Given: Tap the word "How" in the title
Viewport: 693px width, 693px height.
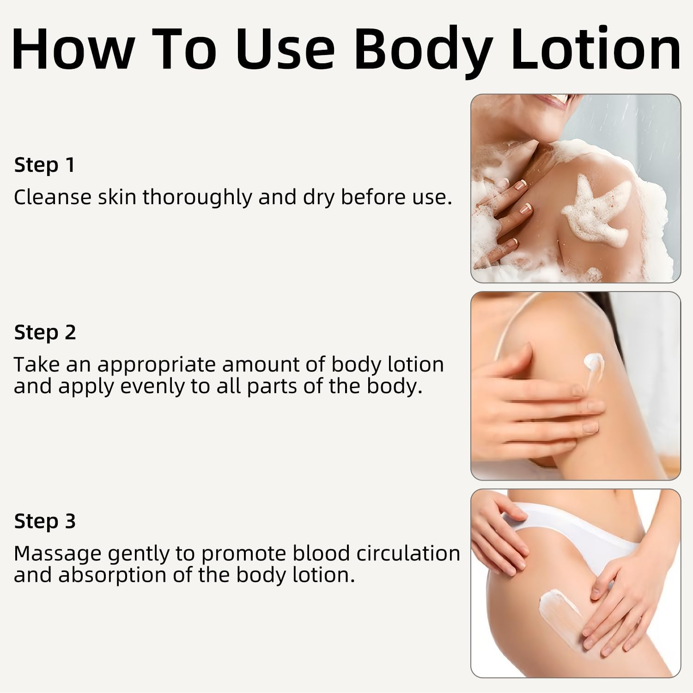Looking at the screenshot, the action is [73, 48].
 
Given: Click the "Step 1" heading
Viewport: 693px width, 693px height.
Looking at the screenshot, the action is [44, 165].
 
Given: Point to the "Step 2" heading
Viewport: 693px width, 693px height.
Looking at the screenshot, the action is [45, 332].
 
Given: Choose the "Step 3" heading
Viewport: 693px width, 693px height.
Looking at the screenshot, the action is [45, 521].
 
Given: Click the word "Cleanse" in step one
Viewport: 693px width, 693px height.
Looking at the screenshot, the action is [53, 197].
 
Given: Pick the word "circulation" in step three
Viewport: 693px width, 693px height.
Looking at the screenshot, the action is [408, 553].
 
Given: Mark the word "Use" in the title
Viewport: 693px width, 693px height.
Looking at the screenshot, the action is [286, 48].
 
